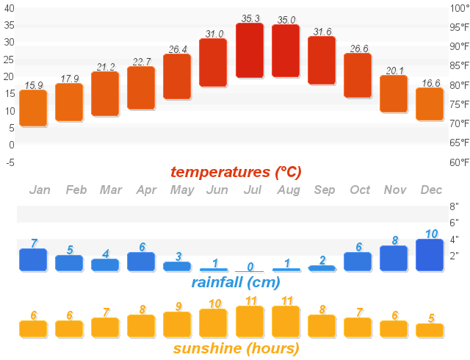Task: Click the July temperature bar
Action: coord(250,50)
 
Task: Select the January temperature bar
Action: coord(33,108)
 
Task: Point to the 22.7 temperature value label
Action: coord(141,62)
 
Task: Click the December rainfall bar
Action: coord(430,255)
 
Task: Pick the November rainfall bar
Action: coord(394,258)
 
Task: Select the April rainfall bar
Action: coord(141,262)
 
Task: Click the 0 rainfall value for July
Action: coord(250,267)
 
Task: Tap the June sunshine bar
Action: coord(214,323)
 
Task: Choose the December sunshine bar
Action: coord(430,330)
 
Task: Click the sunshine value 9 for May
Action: coord(178,306)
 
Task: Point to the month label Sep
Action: coord(324,190)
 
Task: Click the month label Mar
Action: coord(111,190)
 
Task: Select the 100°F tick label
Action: coord(459,8)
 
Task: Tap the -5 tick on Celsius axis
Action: coord(10,162)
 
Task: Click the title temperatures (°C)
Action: coord(236,172)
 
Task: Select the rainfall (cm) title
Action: coord(236,282)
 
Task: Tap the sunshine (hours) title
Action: coord(236,348)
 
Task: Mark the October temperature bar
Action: coord(358,75)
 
